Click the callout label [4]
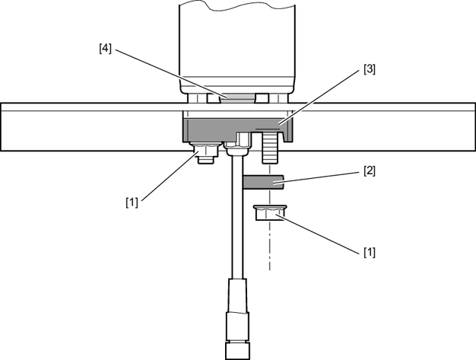point(106,49)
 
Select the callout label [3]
point(370,69)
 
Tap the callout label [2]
point(370,171)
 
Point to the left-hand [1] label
point(132,202)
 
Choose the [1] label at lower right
point(370,252)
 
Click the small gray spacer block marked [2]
point(263,183)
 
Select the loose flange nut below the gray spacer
point(270,212)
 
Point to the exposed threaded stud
point(270,148)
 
